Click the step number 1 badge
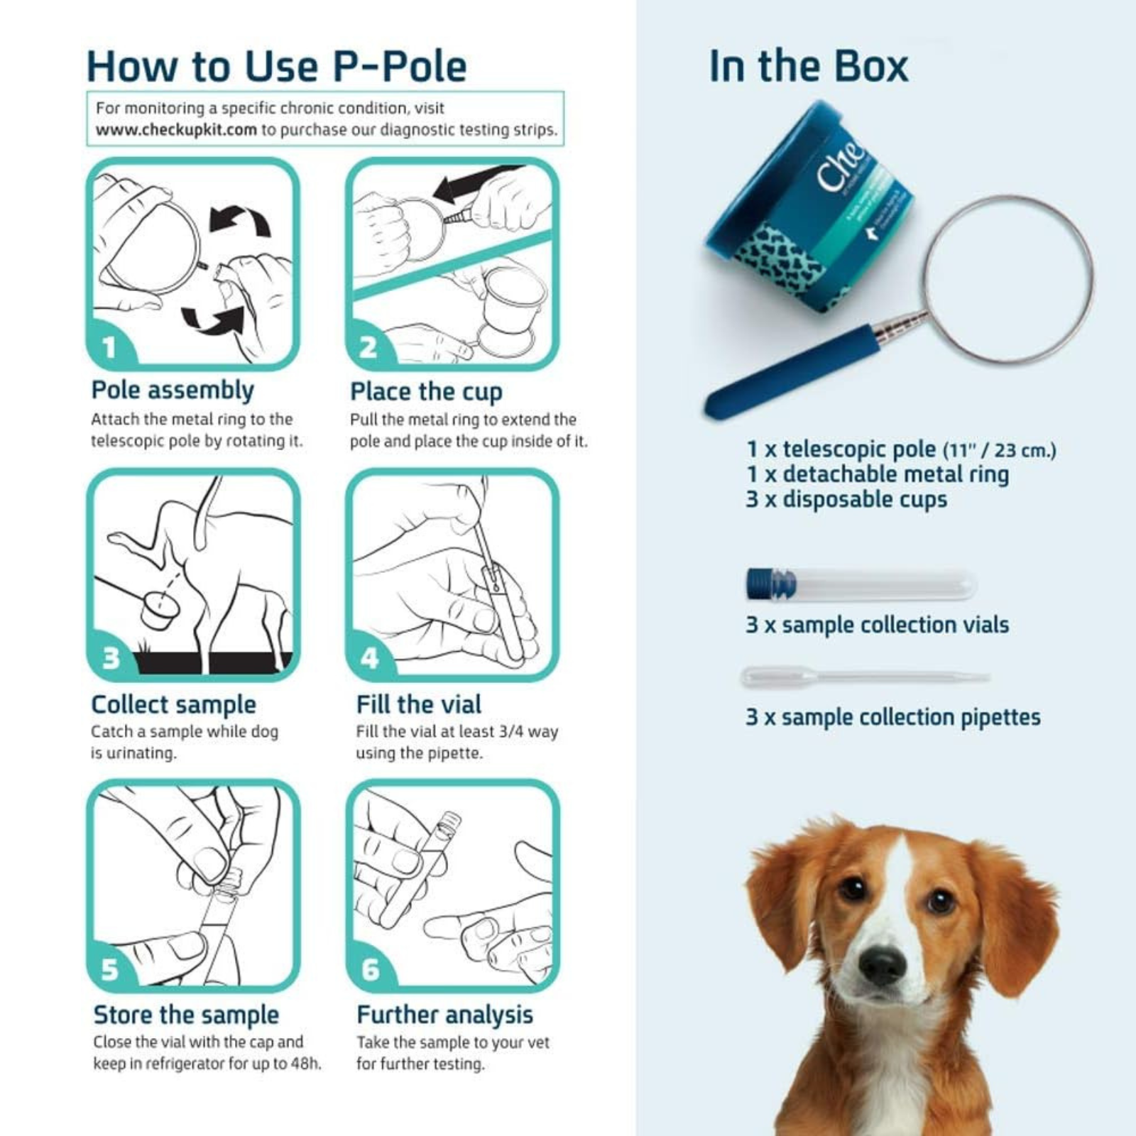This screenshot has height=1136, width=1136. coord(109,348)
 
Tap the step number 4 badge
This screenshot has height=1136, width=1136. coord(369,658)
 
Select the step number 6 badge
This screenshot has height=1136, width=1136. coord(370,969)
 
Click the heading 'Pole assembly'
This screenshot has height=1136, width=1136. coord(173,390)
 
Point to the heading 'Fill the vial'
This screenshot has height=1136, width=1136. coord(418,704)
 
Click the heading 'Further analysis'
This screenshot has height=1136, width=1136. coord(444,1015)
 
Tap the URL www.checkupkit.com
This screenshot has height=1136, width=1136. coord(176,130)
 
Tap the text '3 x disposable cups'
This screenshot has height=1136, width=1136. coord(846,499)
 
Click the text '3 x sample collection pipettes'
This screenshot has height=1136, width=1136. coord(892,717)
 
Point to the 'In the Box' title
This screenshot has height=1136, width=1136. coord(809,67)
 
